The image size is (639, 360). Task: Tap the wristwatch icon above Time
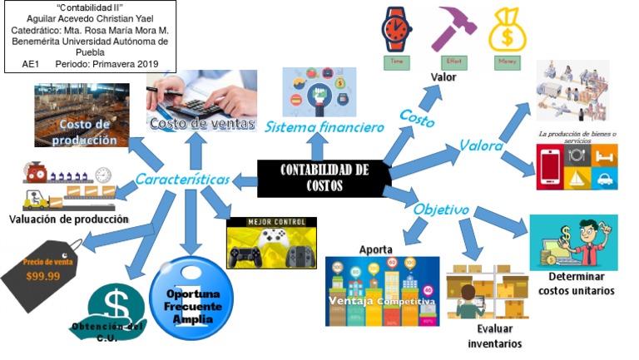[396, 29]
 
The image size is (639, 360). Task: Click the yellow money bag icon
[506, 30]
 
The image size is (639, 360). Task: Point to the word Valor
[443, 77]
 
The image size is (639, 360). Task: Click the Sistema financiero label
[324, 128]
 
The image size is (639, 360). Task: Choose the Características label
[183, 179]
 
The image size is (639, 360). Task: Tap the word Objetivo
[441, 209]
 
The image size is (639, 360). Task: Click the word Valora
[482, 146]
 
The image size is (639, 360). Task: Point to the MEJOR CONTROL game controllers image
[271, 243]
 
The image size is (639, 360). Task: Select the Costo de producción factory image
[82, 115]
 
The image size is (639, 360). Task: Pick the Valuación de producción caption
[69, 219]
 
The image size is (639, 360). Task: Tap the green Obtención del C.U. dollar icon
[115, 312]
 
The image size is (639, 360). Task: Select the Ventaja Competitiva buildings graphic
[382, 290]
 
